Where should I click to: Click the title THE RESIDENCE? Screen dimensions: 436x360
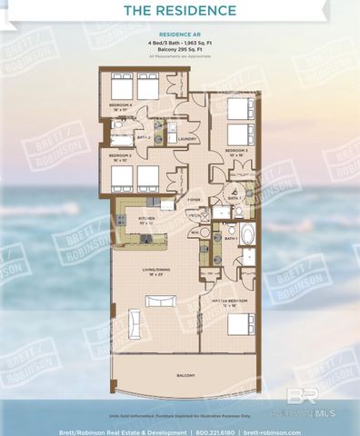tap(179, 12)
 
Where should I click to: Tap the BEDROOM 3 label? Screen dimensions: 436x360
tap(237, 150)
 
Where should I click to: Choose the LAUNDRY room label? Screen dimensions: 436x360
tap(189, 139)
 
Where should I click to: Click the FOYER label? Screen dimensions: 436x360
tap(194, 198)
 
